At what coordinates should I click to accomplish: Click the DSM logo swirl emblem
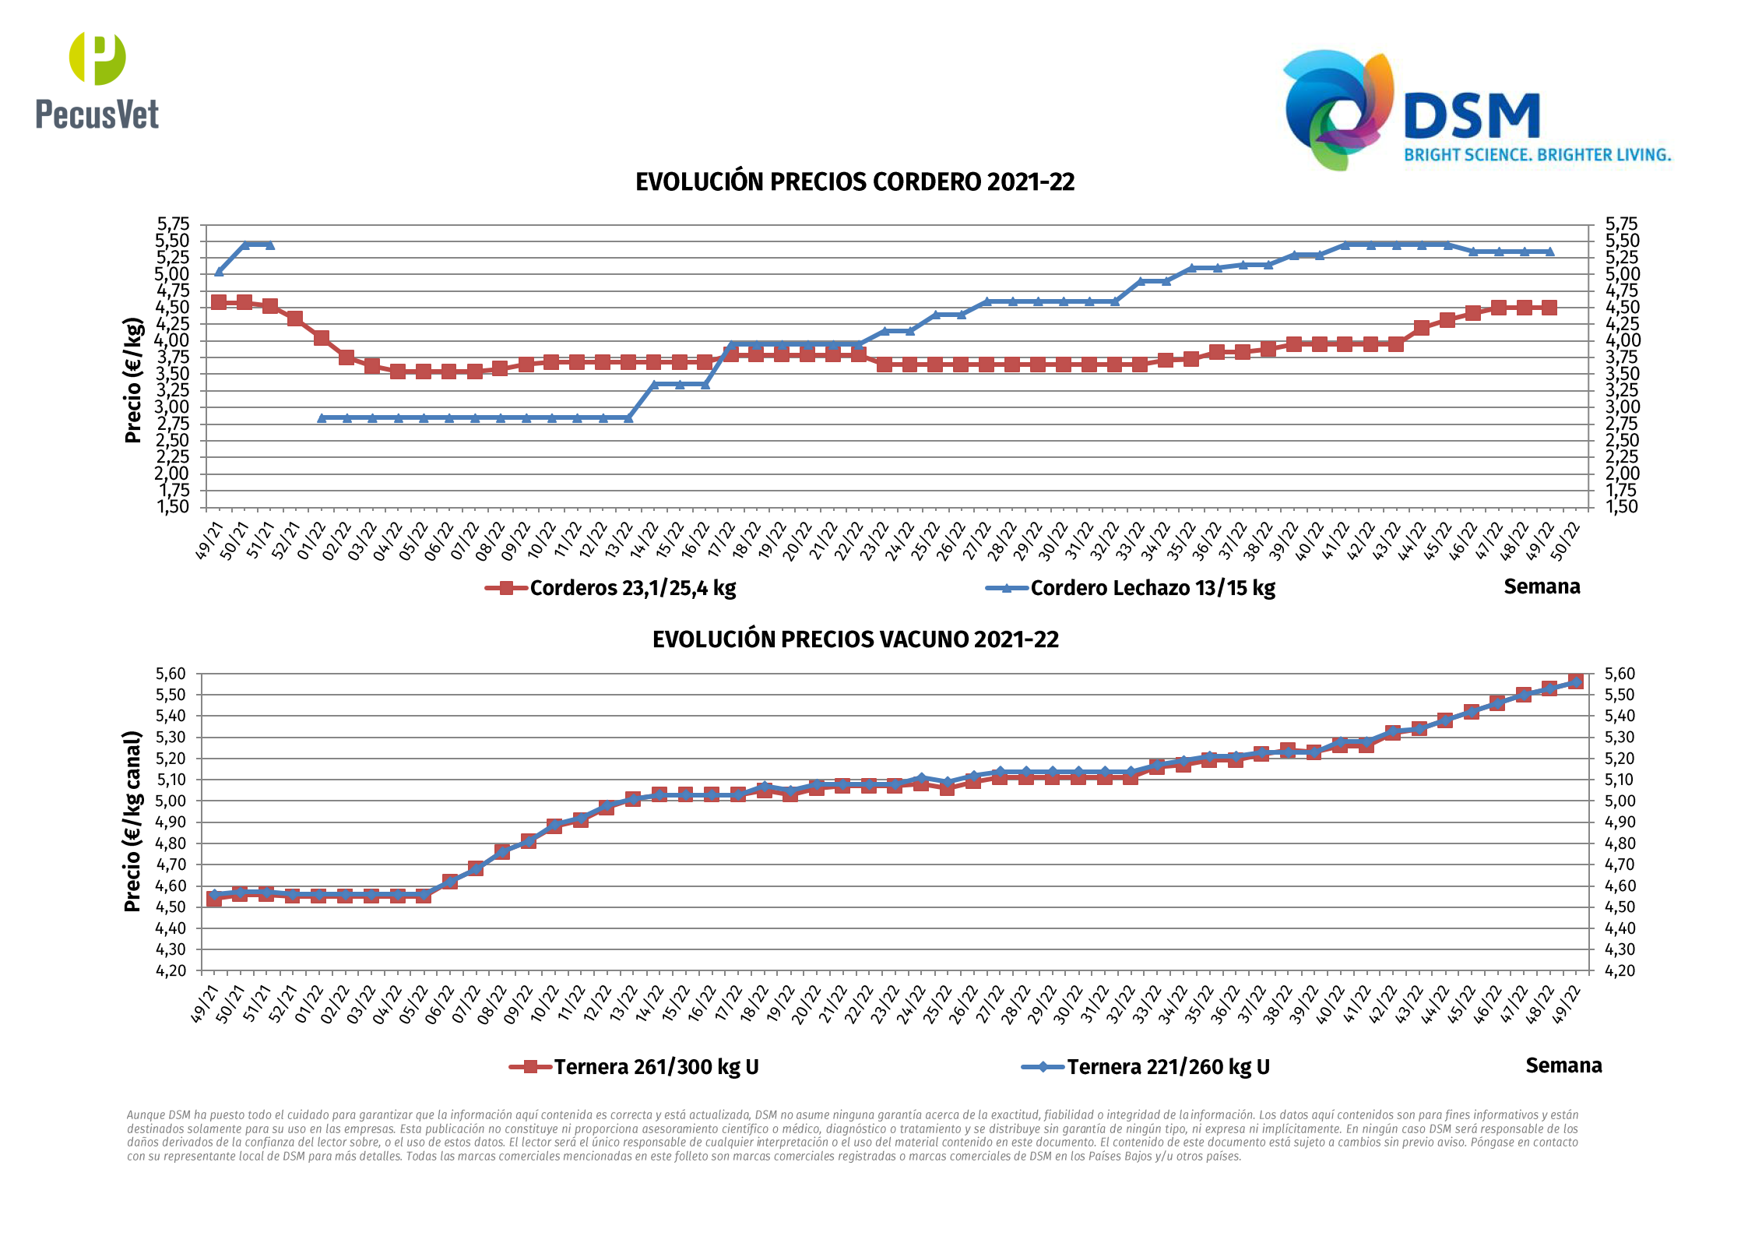tap(1337, 109)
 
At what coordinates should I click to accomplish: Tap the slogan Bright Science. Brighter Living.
tap(1537, 155)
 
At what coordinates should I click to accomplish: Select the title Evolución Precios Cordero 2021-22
tap(855, 182)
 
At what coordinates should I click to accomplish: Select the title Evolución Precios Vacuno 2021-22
tap(855, 640)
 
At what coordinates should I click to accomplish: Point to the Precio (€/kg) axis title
tap(133, 380)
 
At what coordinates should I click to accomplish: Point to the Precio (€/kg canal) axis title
tap(133, 822)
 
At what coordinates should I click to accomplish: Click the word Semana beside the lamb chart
tap(1542, 586)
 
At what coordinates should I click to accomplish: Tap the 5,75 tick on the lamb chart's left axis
tap(173, 224)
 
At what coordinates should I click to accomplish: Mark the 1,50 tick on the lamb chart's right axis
tap(1622, 507)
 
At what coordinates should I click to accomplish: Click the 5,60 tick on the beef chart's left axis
tap(171, 674)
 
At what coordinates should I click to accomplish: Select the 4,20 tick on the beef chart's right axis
tap(1620, 971)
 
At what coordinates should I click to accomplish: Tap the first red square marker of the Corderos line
tap(219, 302)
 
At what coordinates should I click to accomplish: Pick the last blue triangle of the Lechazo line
tap(1549, 252)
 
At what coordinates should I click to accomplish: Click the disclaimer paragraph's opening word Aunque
tap(145, 1115)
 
